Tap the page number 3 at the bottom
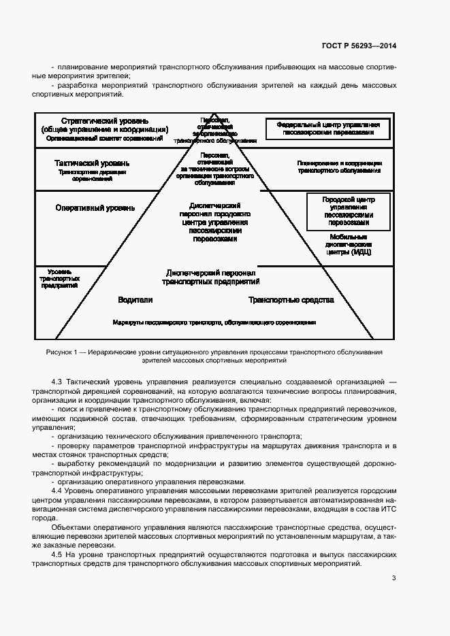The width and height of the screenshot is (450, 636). pos(393,578)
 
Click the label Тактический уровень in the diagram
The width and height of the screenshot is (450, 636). pos(91,163)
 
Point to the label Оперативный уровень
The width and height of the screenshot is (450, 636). pos(95,207)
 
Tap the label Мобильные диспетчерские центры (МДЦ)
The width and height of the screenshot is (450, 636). pos(348,246)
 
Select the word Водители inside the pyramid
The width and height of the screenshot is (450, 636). pos(135,299)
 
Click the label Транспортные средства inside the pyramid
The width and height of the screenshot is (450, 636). pos(291,299)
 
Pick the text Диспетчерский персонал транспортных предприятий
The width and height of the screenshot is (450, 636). pos(210,276)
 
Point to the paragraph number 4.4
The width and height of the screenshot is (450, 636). pos(58,490)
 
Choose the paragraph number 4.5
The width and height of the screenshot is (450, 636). pos(58,555)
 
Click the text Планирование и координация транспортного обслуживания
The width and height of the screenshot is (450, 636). pos(339,167)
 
